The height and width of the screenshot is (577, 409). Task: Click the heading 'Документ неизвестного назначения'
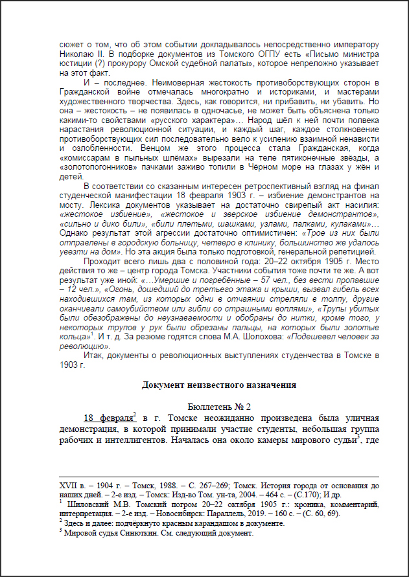(218, 385)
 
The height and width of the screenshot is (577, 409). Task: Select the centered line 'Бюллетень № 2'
(218, 406)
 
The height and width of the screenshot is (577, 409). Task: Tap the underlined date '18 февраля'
(105, 418)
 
